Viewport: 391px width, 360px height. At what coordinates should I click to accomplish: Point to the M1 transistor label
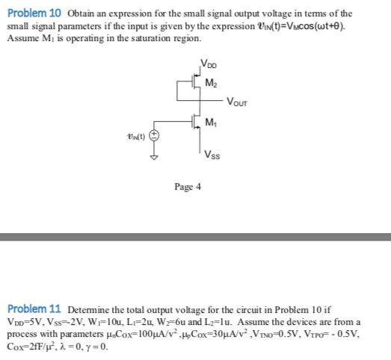tap(211, 122)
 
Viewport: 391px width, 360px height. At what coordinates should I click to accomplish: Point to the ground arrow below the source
tap(155, 158)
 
